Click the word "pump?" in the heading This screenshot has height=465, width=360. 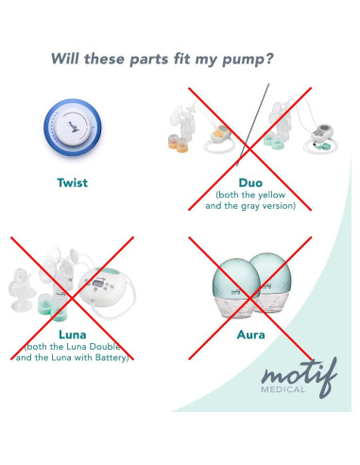[248, 60]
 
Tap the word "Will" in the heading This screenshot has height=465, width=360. [65, 59]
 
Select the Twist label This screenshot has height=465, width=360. [73, 182]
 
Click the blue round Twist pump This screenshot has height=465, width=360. [73, 128]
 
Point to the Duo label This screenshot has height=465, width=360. [250, 182]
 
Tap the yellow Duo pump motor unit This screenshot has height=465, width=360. [221, 134]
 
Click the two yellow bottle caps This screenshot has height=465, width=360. [178, 143]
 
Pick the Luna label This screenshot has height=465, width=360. [73, 335]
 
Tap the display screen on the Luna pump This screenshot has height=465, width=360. [98, 284]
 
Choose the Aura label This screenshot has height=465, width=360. [250, 335]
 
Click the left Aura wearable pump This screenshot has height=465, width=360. [235, 287]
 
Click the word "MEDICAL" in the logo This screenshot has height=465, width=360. [283, 389]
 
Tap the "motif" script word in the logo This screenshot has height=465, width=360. [300, 375]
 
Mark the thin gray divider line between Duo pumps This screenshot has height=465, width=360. [253, 125]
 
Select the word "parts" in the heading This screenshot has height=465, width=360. [149, 60]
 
